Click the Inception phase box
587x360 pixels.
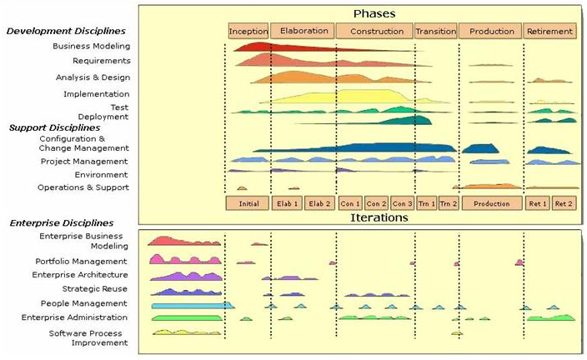(248, 32)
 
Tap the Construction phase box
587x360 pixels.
(374, 32)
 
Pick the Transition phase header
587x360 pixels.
(436, 32)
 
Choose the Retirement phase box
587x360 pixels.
(550, 32)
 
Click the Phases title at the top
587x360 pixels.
(374, 13)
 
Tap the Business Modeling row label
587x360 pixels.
(91, 46)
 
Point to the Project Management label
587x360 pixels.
(84, 161)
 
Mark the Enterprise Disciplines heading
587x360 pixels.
(62, 223)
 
